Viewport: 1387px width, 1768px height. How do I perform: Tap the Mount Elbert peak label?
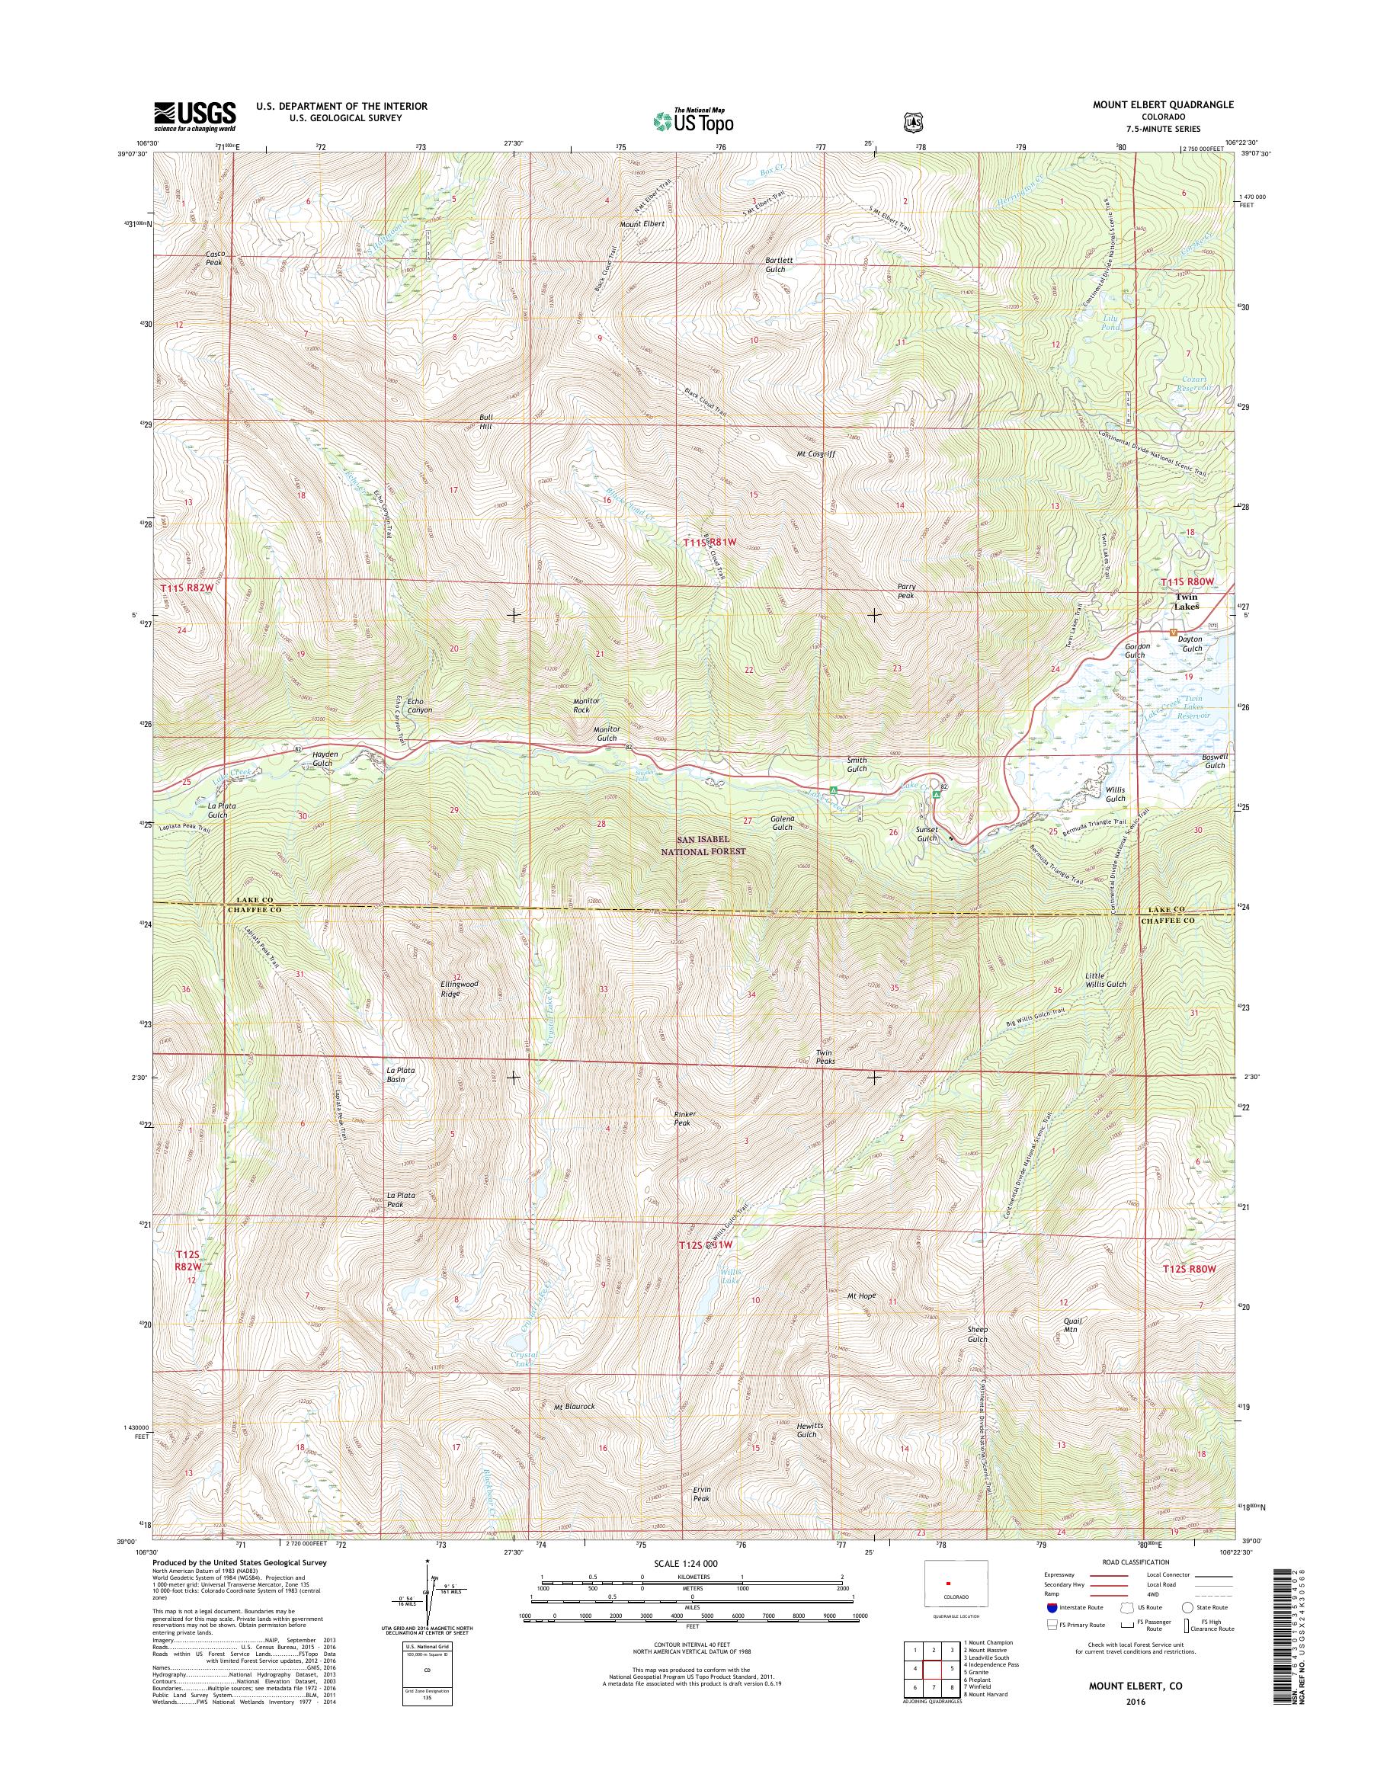click(x=642, y=224)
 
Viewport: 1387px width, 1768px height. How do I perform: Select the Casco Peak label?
click(x=214, y=258)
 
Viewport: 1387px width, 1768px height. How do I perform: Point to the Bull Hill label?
click(x=485, y=421)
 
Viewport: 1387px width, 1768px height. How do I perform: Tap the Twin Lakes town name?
click(x=1187, y=602)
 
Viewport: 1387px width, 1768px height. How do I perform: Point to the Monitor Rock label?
click(x=586, y=705)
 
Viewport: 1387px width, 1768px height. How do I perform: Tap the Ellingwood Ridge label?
click(x=460, y=988)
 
